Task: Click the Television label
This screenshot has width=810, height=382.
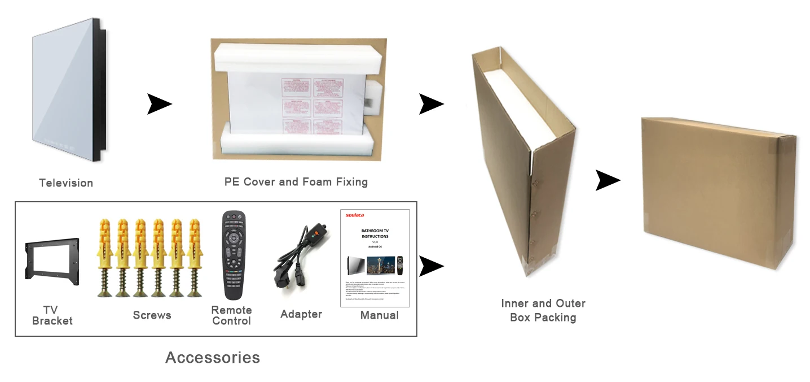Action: (x=66, y=183)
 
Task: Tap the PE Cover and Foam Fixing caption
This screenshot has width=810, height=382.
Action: (x=296, y=182)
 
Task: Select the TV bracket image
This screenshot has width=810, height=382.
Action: (x=52, y=261)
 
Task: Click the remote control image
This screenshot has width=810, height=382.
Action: (x=234, y=255)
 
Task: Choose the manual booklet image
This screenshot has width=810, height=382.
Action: (x=375, y=258)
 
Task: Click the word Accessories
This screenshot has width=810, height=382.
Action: (x=213, y=357)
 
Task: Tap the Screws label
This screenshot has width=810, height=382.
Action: (x=152, y=315)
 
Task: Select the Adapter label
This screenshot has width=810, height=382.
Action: (x=301, y=314)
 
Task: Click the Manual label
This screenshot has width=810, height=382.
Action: (x=380, y=315)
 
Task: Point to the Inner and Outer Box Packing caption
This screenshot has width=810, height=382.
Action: (x=543, y=310)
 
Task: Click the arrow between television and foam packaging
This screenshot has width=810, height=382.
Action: (x=159, y=105)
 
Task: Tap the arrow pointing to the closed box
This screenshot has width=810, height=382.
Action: (x=607, y=181)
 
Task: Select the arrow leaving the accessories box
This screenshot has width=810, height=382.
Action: (x=432, y=266)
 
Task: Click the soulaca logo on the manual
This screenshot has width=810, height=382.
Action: (x=355, y=215)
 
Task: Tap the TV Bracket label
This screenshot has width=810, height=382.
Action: (x=52, y=315)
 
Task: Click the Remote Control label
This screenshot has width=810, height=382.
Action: (x=231, y=315)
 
